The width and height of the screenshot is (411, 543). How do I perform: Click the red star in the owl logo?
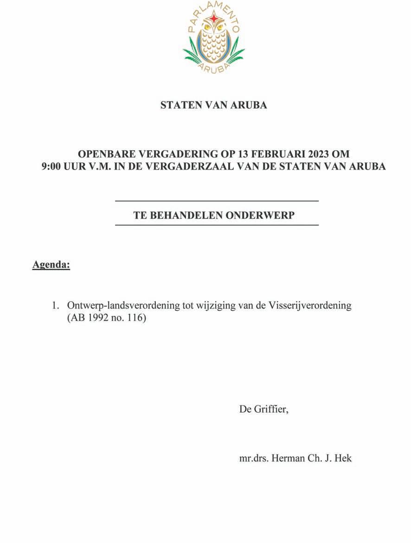coord(214,19)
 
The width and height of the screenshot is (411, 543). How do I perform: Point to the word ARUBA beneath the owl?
coord(214,68)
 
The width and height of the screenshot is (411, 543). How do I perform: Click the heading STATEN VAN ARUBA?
coord(213,105)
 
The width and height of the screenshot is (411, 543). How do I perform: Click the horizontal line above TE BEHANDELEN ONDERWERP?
coord(217,201)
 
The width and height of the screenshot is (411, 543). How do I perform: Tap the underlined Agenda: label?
coord(51,265)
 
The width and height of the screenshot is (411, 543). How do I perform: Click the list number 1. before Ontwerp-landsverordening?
coord(56,306)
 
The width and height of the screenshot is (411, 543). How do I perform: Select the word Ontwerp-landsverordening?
coord(123,306)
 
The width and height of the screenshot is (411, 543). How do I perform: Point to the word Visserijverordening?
coord(310,306)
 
